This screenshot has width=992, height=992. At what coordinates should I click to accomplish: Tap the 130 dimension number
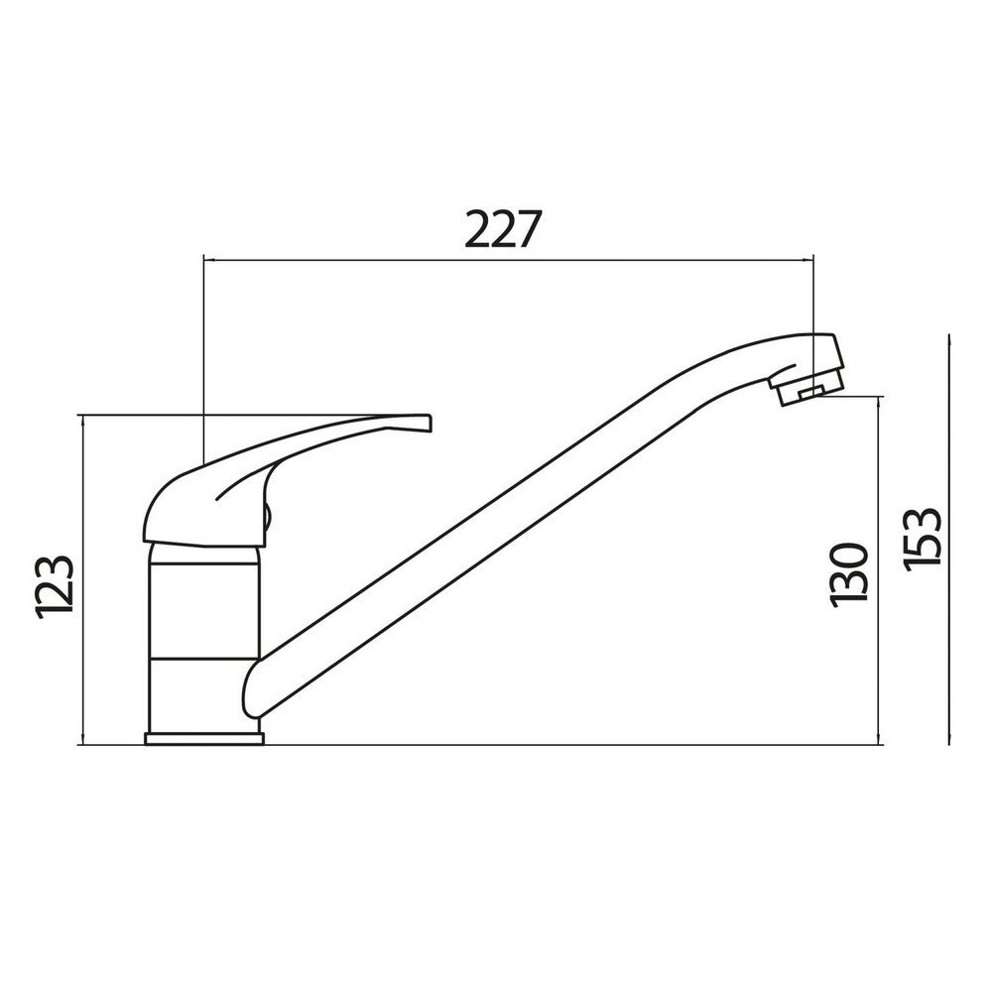click(850, 573)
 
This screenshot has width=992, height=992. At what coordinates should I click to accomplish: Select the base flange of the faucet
click(203, 738)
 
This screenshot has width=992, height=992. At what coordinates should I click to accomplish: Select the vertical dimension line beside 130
click(879, 570)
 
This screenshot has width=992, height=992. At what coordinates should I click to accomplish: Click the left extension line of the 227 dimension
click(202, 357)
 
